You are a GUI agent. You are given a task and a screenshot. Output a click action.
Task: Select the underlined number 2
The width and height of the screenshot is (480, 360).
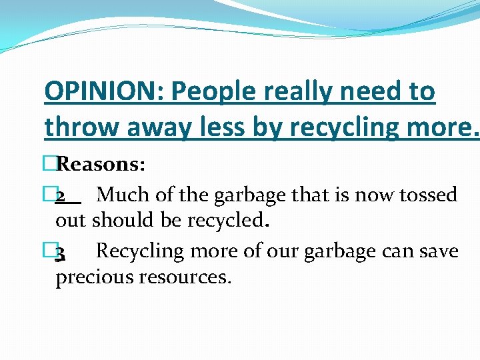pyautogui.click(x=61, y=195)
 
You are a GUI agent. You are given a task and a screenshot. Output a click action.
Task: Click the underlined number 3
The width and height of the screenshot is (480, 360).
pyautogui.click(x=61, y=252)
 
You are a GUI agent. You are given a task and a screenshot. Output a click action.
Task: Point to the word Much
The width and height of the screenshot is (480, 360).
pyautogui.click(x=118, y=195)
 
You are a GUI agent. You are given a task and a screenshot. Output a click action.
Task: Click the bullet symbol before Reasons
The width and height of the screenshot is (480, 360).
pyautogui.click(x=52, y=164)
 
